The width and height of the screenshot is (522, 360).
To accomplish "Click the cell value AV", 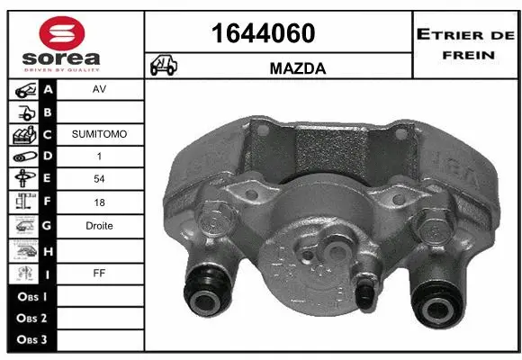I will coord(99,90).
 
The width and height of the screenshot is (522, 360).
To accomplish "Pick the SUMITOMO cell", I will coord(99,134).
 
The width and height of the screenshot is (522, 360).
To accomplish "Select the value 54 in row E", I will coord(99,180).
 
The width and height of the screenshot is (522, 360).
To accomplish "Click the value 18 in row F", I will coord(99,203).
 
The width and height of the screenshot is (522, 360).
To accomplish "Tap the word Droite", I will coord(99,226).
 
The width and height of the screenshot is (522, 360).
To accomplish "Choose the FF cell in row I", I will coord(99,271).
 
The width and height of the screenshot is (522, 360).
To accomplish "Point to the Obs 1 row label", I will coord(31,294).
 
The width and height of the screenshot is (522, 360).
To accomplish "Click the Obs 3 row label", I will coord(31,339).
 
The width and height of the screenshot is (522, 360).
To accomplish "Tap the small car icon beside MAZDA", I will coord(163,66).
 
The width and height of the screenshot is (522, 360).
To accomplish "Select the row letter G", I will coord(48,226).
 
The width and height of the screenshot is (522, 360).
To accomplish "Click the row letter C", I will coord(48,134).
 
